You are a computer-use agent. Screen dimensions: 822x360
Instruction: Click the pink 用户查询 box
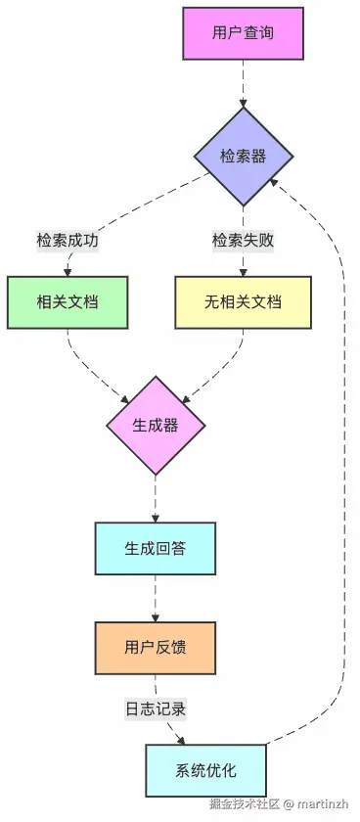(x=243, y=33)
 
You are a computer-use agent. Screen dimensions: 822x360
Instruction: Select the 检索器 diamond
(x=243, y=157)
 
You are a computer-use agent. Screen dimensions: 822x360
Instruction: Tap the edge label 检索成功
(x=67, y=240)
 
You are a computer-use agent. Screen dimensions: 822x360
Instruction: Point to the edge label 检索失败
(x=243, y=240)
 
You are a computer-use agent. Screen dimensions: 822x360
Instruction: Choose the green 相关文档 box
(x=67, y=302)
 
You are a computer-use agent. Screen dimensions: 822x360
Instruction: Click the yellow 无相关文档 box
(x=243, y=302)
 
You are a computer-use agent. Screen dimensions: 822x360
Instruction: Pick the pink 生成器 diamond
(x=156, y=425)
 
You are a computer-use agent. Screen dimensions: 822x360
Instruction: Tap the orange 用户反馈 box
(x=156, y=647)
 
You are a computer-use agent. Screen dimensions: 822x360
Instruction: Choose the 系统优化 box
(x=204, y=769)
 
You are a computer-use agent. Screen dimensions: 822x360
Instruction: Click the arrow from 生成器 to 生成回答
(x=156, y=498)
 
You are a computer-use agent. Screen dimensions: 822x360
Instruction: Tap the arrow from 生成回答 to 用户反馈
(x=156, y=597)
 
